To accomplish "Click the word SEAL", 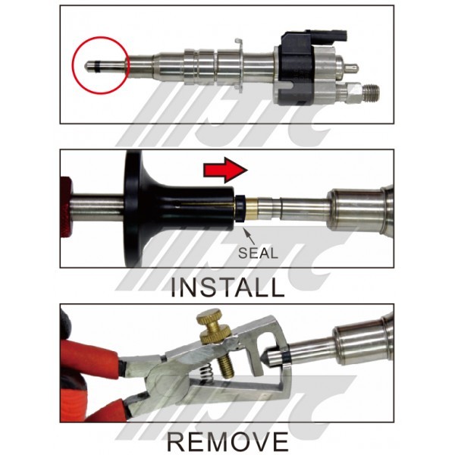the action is click(259, 253).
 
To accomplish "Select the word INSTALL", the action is click(227, 287).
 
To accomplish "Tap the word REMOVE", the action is click(227, 441).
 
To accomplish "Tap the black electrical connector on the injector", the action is click(299, 67).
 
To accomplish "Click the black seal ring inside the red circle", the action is click(98, 66).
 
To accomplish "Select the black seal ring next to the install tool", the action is click(240, 209).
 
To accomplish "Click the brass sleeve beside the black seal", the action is click(251, 209).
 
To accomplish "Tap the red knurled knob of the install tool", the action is click(65, 206).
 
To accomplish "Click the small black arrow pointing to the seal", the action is click(249, 236).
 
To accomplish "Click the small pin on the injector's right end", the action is click(352, 68).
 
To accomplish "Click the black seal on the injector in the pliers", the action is click(287, 356).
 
